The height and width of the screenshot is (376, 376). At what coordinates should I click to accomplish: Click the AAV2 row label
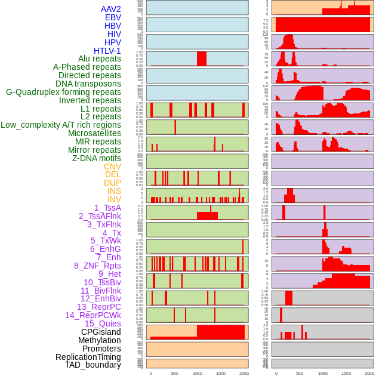111,9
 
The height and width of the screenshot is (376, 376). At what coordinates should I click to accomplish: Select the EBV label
113,17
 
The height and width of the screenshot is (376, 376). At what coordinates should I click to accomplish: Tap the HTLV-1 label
107,51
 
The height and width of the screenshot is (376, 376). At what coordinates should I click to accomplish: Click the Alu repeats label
100,58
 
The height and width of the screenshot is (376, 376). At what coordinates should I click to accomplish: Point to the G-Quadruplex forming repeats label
63,92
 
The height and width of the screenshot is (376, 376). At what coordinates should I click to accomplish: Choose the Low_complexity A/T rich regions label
61,125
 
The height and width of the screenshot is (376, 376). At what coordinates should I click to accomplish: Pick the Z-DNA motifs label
97,158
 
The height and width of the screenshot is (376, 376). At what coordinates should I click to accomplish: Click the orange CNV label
112,167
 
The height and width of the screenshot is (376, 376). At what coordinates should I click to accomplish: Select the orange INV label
114,199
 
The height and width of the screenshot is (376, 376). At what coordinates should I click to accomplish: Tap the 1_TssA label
107,208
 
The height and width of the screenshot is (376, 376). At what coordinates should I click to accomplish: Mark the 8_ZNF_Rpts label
97,266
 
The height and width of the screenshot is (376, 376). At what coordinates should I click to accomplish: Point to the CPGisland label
101,332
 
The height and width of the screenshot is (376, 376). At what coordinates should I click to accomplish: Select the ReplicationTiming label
88,357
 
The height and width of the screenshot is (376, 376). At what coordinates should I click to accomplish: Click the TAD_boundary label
93,365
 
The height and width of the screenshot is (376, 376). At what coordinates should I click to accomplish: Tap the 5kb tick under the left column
174,373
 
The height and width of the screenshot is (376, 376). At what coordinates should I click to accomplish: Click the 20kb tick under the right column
369,373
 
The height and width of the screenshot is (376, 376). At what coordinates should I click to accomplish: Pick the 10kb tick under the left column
197,373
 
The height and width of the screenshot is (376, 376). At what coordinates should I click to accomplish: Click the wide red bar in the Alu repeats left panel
202,58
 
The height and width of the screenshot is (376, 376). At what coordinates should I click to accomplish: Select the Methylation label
99,340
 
